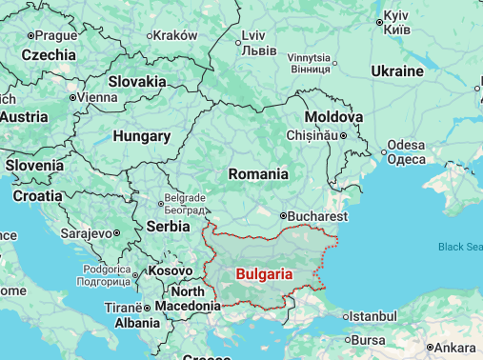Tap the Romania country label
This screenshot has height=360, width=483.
258,174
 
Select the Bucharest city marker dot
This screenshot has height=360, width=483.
283,216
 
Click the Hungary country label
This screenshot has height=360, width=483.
141,136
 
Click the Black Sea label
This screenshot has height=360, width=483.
460,247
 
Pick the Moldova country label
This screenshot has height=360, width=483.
333,116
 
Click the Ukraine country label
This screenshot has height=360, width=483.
397,71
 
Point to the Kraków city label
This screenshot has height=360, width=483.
177,35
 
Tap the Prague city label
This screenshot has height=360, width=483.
58,35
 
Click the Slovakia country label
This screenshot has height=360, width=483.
137,82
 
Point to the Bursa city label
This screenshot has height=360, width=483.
369,340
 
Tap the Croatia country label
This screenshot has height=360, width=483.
37,195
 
